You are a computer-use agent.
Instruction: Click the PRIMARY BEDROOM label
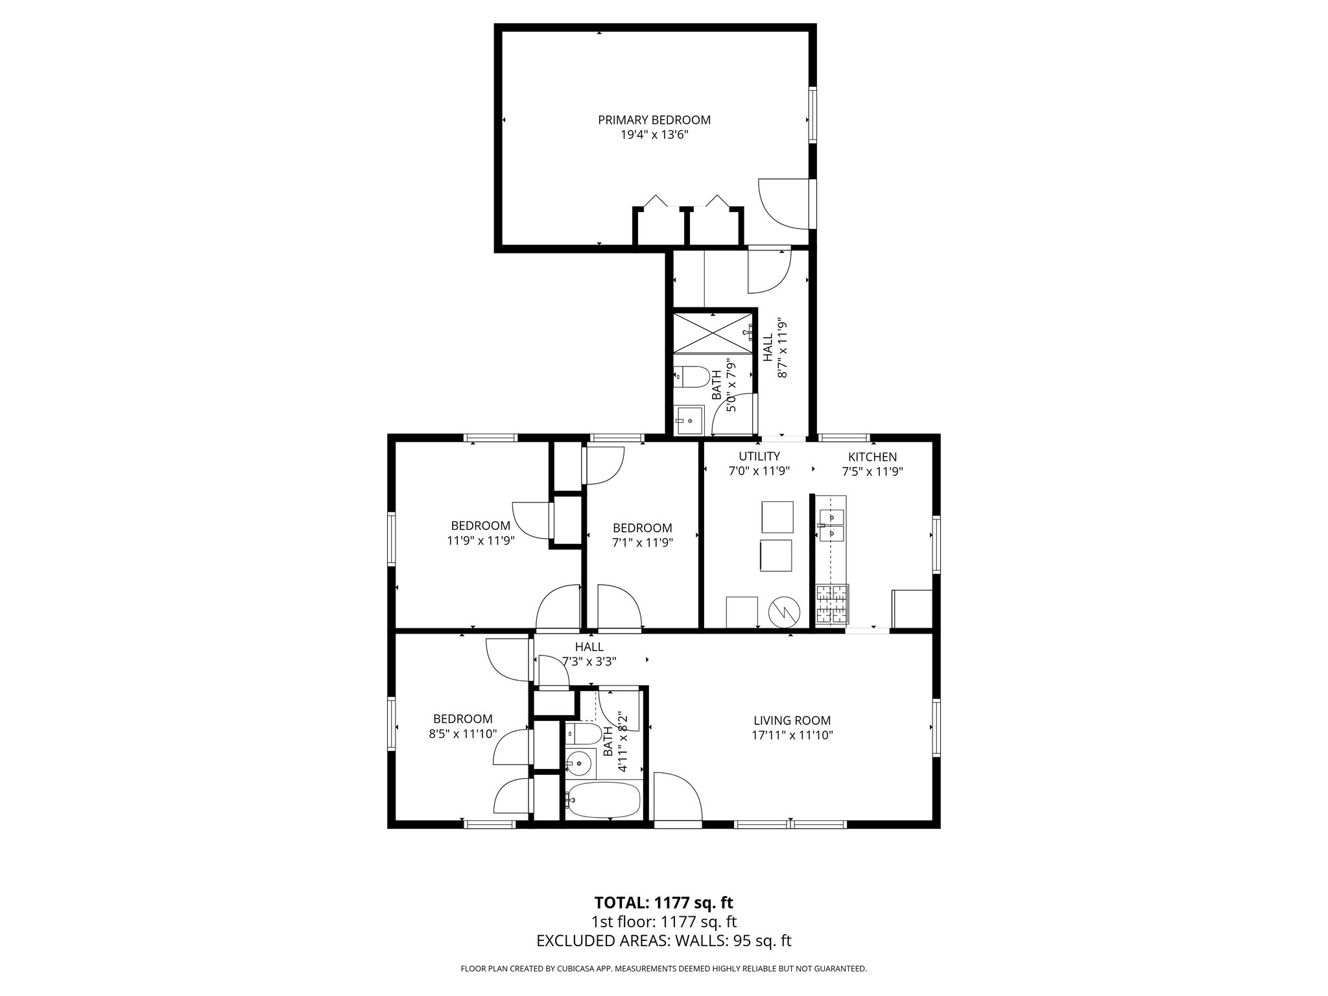pyautogui.click(x=654, y=120)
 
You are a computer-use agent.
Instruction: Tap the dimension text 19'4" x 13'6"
pyautogui.click(x=654, y=136)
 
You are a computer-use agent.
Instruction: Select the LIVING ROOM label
pyautogui.click(x=792, y=720)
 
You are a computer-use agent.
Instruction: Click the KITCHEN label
pyautogui.click(x=872, y=457)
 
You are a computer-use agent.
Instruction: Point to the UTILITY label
pyautogui.click(x=759, y=456)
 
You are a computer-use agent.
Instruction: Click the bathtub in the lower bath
pyautogui.click(x=603, y=802)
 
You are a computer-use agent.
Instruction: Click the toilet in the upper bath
pyautogui.click(x=689, y=377)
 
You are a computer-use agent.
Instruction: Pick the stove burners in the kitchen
pyautogui.click(x=832, y=604)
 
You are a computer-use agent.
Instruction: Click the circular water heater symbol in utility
pyautogui.click(x=784, y=611)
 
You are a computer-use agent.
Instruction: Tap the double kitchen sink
pyautogui.click(x=831, y=525)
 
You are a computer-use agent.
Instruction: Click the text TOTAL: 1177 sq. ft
pyautogui.click(x=663, y=903)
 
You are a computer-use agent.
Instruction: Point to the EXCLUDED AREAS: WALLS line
pyautogui.click(x=663, y=941)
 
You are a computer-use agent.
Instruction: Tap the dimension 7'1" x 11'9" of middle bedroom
pyautogui.click(x=642, y=543)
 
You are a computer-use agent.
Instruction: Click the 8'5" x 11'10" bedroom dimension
pyautogui.click(x=462, y=734)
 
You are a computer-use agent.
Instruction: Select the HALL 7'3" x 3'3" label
pyautogui.click(x=589, y=654)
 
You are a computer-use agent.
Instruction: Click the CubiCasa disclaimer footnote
pyautogui.click(x=663, y=969)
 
